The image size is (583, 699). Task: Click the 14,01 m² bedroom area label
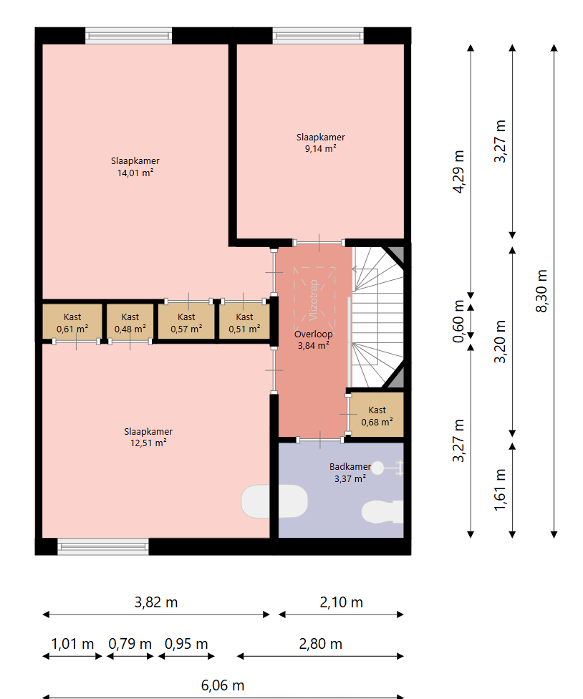pyautogui.click(x=135, y=167)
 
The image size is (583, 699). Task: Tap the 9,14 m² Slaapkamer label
pyautogui.click(x=320, y=143)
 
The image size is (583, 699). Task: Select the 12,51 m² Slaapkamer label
pyautogui.click(x=148, y=437)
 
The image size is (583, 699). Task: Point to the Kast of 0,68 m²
pyautogui.click(x=377, y=416)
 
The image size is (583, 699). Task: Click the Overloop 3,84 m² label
pyautogui.click(x=313, y=339)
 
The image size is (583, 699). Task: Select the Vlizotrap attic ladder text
pyautogui.click(x=314, y=299)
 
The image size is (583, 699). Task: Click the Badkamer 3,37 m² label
pyautogui.click(x=350, y=473)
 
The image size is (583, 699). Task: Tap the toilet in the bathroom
pyautogui.click(x=382, y=511)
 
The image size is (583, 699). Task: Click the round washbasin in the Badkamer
pyautogui.click(x=377, y=468)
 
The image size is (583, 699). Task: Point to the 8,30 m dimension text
pyautogui.click(x=541, y=291)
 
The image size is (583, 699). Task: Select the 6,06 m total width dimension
pyautogui.click(x=223, y=685)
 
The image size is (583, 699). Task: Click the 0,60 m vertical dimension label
pyautogui.click(x=458, y=321)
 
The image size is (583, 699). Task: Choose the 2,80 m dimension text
pyautogui.click(x=320, y=644)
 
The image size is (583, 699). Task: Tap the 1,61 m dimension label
pyautogui.click(x=500, y=489)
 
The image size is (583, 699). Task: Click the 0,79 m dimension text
pyautogui.click(x=130, y=644)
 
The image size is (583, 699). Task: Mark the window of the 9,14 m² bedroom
pyautogui.click(x=318, y=36)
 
